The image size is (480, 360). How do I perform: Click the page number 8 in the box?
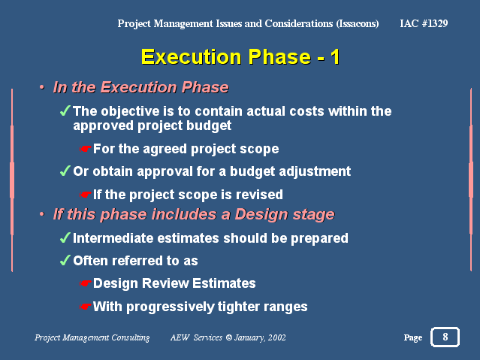445,337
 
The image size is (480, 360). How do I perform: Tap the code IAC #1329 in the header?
424,23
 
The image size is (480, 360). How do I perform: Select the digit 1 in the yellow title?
335,56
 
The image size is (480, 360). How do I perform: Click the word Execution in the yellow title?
192,56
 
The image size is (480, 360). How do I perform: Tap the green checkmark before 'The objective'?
65,110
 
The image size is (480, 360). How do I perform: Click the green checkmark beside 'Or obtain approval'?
65,171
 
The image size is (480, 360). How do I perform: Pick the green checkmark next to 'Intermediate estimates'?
65,237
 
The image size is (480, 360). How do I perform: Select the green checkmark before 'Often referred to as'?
65,261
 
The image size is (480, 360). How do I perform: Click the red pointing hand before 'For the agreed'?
85,150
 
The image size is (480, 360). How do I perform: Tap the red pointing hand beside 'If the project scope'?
85,195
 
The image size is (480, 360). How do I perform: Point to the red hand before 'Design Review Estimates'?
85,283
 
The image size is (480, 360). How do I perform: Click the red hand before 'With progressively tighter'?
85,307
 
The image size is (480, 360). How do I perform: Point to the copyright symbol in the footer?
229,337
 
